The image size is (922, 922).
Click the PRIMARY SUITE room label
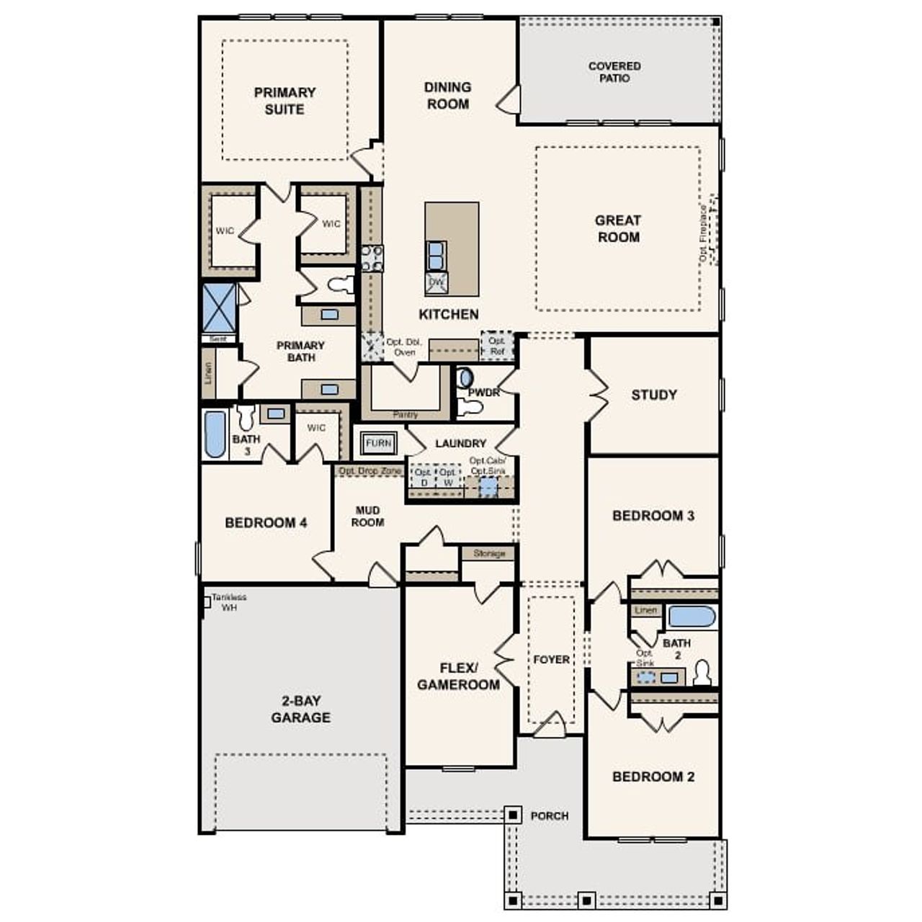coord(285,101)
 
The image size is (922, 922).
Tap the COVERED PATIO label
coord(614,72)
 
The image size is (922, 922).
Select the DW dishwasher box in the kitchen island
coord(437,283)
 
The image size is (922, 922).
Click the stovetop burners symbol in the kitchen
coord(372,258)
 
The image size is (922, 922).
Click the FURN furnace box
coord(378,443)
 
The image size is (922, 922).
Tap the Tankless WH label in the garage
coord(229,602)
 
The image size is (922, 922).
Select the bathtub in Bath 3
coord(215,434)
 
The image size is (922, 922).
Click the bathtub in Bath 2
coord(691,617)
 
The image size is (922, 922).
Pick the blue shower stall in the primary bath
coord(219,308)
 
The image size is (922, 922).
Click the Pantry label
coord(406,415)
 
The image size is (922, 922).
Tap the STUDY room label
coord(654,395)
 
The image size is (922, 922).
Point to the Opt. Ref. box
coord(497,346)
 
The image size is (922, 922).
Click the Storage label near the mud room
coord(489,553)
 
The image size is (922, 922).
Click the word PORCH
coord(550,815)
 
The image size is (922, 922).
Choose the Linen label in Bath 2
coord(645,610)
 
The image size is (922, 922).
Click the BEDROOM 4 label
coord(266,522)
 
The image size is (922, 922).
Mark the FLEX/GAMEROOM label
coord(458,676)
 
